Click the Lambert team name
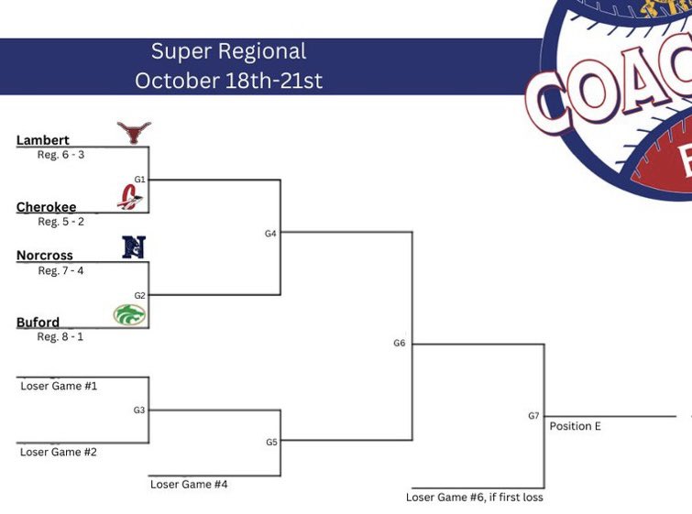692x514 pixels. tap(42, 140)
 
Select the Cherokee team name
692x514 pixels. tap(46, 207)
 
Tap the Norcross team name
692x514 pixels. tap(44, 256)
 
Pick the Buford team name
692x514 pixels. tap(38, 323)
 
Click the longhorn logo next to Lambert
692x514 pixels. tap(134, 132)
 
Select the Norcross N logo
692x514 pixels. tap(134, 246)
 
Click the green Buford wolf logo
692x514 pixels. tap(129, 314)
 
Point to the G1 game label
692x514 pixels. tap(140, 180)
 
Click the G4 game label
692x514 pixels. tap(270, 234)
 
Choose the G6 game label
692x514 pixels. tap(400, 344)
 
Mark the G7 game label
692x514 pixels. tap(533, 416)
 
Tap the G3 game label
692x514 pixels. tap(139, 410)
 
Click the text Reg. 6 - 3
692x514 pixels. tap(61, 155)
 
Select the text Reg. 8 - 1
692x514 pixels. tap(61, 337)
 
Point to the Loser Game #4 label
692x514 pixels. tap(189, 484)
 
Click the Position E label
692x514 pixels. tap(576, 426)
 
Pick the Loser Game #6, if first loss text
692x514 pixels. tap(475, 498)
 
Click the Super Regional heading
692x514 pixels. tap(228, 51)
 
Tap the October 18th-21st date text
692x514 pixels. tap(228, 81)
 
